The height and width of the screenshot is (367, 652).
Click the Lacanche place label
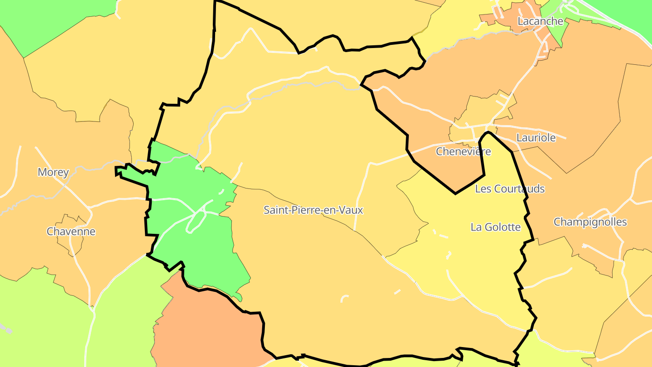click(x=540, y=21)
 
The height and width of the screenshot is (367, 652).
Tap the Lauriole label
click(x=536, y=138)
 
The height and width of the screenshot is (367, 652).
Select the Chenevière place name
click(x=463, y=151)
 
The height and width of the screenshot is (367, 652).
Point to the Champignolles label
click(x=590, y=222)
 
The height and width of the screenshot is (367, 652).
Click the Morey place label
click(x=53, y=172)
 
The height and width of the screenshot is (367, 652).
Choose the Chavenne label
click(x=71, y=232)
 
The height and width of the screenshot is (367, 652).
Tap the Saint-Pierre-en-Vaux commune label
click(x=313, y=210)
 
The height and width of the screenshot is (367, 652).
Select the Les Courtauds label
click(x=509, y=189)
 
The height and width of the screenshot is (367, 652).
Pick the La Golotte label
click(x=496, y=227)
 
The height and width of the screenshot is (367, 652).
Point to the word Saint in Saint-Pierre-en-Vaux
click(x=276, y=210)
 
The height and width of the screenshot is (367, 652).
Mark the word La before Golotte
click(x=476, y=227)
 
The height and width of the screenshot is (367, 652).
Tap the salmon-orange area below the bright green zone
click(x=204, y=326)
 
